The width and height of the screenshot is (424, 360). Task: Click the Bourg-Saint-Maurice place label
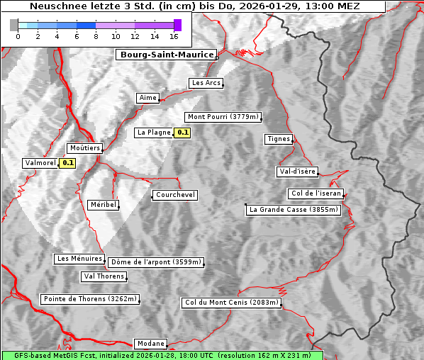tap(167, 54)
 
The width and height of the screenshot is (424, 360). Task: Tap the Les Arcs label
tap(206, 83)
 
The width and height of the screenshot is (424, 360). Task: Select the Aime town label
tap(148, 98)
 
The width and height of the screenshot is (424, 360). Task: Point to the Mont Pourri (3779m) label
tap(223, 117)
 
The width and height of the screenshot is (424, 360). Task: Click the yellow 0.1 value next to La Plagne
tap(183, 133)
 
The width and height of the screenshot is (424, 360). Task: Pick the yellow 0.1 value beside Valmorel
tap(68, 163)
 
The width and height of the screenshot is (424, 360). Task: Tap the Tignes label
tap(279, 139)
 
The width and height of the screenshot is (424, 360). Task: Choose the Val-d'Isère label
tap(297, 171)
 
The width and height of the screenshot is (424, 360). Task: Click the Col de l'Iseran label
tap(316, 193)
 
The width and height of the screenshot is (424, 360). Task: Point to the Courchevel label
tap(174, 195)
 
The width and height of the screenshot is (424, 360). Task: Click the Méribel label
tap(103, 205)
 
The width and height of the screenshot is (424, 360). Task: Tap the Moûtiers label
tap(84, 148)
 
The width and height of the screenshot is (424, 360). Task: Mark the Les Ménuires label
tap(79, 259)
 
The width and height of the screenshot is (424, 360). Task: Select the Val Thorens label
tap(104, 276)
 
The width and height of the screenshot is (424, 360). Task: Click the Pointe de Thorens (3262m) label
tap(89, 299)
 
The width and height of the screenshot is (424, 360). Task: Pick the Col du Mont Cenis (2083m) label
tap(232, 303)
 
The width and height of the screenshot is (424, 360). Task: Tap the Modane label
tap(150, 343)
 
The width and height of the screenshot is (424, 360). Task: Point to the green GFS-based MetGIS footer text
tap(162, 355)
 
